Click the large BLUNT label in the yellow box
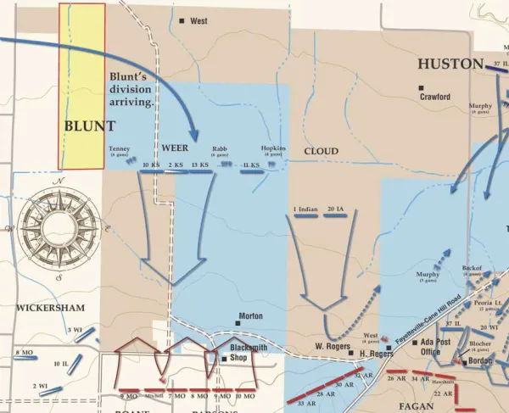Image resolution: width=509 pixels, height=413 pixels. click(90, 126)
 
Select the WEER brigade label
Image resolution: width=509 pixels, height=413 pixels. click(174, 147)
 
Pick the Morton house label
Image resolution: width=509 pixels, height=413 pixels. click(251, 316)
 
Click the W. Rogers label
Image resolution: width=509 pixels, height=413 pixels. click(333, 346)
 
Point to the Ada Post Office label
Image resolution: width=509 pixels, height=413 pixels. click(427, 347)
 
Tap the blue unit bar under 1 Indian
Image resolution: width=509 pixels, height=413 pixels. click(305, 217)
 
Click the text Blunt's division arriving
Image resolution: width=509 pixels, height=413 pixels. click(131, 89)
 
